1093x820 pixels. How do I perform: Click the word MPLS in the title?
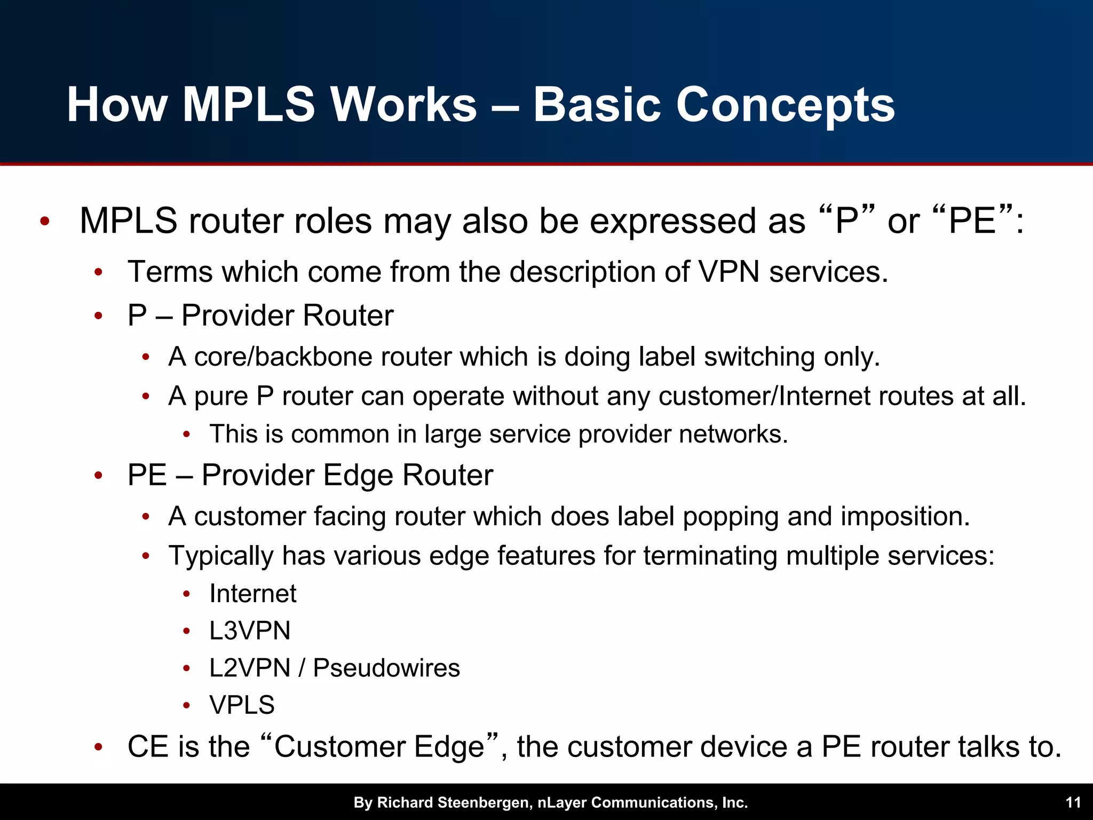(249, 105)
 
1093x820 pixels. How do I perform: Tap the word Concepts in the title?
(785, 106)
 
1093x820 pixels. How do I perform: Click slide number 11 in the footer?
(1073, 802)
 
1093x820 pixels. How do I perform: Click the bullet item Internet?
(252, 594)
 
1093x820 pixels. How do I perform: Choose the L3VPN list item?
(250, 630)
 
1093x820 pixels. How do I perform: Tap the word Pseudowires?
(386, 668)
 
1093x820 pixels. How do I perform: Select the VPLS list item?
(242, 705)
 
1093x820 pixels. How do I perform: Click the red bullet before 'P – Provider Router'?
(98, 316)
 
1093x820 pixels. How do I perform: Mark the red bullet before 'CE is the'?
(98, 747)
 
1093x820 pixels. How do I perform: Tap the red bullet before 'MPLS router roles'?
(45, 221)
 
